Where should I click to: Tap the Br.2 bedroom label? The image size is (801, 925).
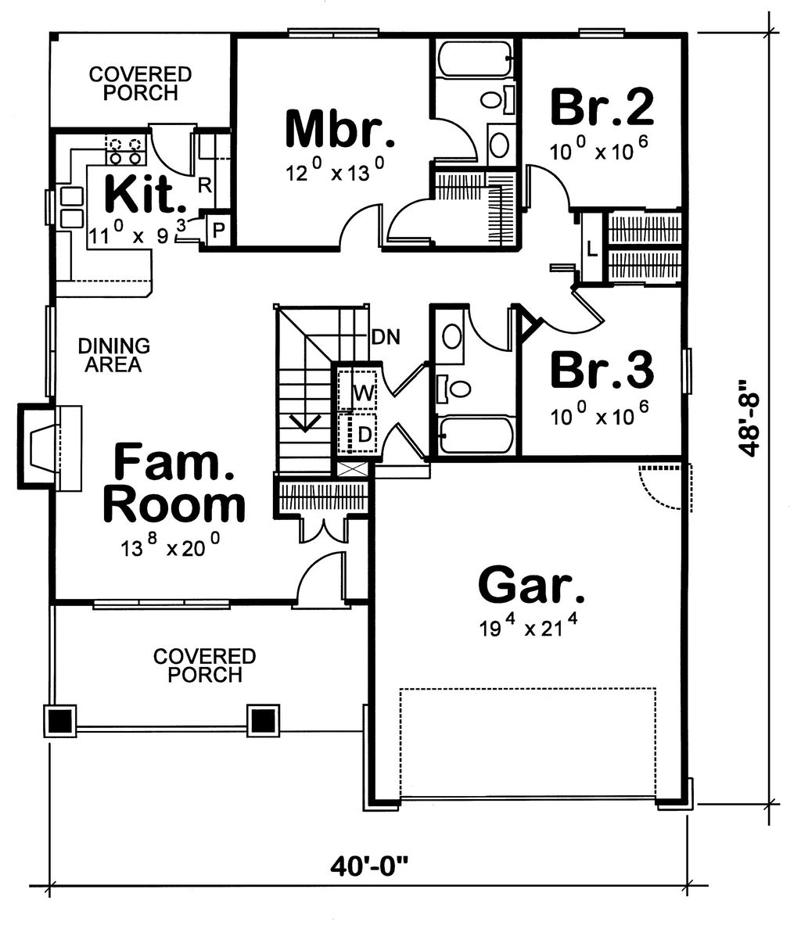(602, 107)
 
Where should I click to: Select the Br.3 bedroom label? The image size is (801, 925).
(602, 370)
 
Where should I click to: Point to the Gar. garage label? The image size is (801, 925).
(530, 585)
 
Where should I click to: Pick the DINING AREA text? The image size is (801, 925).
(114, 355)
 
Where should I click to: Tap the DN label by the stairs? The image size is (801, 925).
(386, 337)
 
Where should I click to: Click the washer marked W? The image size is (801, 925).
(357, 390)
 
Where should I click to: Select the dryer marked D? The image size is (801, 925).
(357, 434)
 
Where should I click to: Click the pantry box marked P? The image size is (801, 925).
(218, 230)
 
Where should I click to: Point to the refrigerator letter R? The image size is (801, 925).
(204, 185)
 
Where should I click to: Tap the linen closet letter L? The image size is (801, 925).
(592, 249)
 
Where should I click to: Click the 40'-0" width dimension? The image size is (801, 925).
(369, 866)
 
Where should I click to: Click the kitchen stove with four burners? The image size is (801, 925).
(125, 150)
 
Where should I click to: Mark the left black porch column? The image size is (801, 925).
(60, 720)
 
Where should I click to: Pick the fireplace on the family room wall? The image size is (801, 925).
(50, 446)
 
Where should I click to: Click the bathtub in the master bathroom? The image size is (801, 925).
(476, 59)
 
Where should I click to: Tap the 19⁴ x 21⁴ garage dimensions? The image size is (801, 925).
(528, 626)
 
